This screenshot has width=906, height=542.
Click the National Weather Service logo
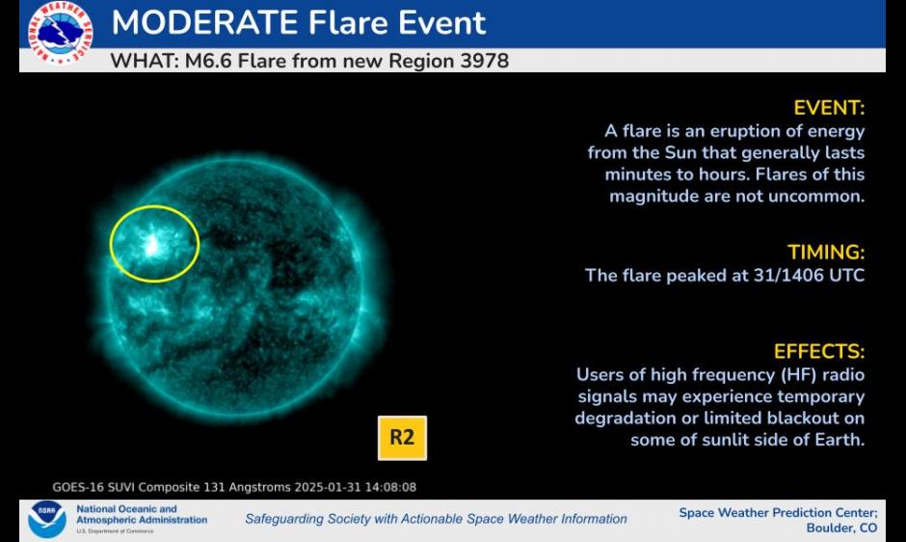point(60,33)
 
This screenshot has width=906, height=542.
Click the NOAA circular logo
point(47,519)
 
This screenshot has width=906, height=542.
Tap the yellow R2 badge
point(402,438)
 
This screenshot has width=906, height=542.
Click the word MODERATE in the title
point(204,22)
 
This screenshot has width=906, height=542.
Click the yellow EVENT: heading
point(829,108)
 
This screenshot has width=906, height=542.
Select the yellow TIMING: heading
point(826,253)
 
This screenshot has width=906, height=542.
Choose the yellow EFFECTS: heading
point(819,352)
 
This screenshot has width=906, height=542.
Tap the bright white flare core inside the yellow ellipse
point(152,246)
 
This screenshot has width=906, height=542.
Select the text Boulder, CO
point(841,528)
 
